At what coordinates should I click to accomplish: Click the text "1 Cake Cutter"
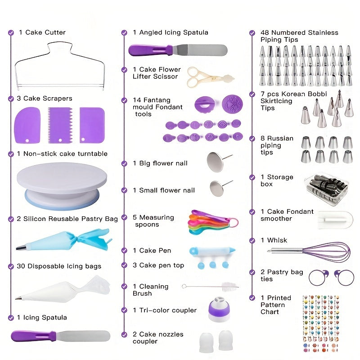(x=42, y=32)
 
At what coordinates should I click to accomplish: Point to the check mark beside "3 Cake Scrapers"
(x=11, y=99)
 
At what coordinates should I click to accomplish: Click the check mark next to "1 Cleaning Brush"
(x=124, y=287)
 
